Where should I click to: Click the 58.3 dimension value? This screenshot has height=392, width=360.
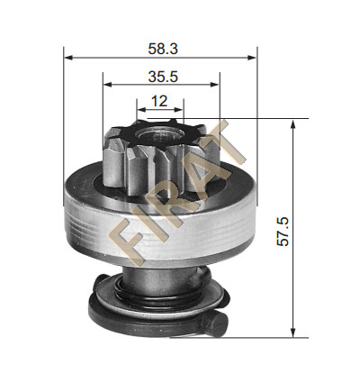(163, 49)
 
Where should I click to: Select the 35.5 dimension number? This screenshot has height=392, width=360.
(163, 77)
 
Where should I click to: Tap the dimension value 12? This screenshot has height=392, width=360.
(159, 101)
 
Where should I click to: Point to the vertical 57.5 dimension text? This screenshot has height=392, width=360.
(283, 232)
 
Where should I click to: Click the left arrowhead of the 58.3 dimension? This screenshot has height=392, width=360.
(68, 58)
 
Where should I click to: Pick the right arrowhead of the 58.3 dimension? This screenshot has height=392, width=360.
(252, 58)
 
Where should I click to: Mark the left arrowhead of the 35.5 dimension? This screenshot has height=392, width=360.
(107, 85)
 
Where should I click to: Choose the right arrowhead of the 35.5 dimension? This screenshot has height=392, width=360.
(215, 85)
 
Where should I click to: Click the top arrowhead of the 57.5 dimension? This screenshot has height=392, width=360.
(293, 123)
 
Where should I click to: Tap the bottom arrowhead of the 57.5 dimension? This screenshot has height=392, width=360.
(293, 333)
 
